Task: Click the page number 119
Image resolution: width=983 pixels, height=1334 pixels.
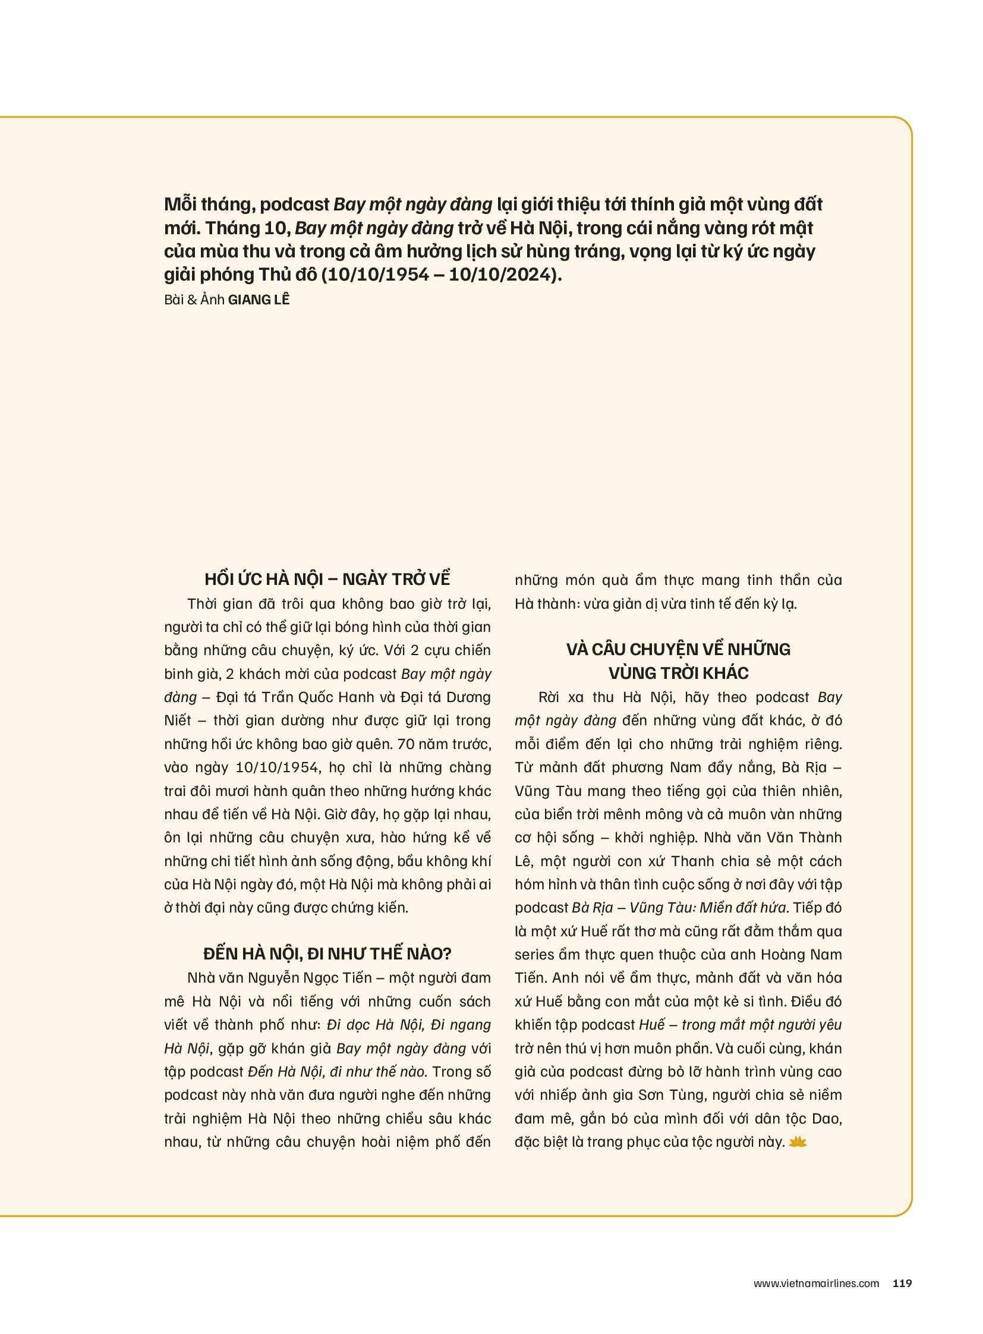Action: pos(902,1283)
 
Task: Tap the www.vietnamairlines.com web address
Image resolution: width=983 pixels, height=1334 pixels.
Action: pos(816,1284)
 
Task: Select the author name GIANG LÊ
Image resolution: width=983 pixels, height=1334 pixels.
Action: pos(259,300)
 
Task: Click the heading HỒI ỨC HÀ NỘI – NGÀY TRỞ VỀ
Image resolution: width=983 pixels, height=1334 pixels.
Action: pos(327,579)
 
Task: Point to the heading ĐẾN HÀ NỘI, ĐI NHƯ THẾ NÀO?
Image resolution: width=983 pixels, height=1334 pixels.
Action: pos(327,954)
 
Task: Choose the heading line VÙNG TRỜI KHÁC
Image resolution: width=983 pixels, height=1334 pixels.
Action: pos(678,674)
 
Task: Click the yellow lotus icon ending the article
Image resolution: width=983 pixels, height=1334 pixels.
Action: pos(798,1142)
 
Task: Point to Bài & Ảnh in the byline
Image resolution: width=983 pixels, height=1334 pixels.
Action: pos(194,300)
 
